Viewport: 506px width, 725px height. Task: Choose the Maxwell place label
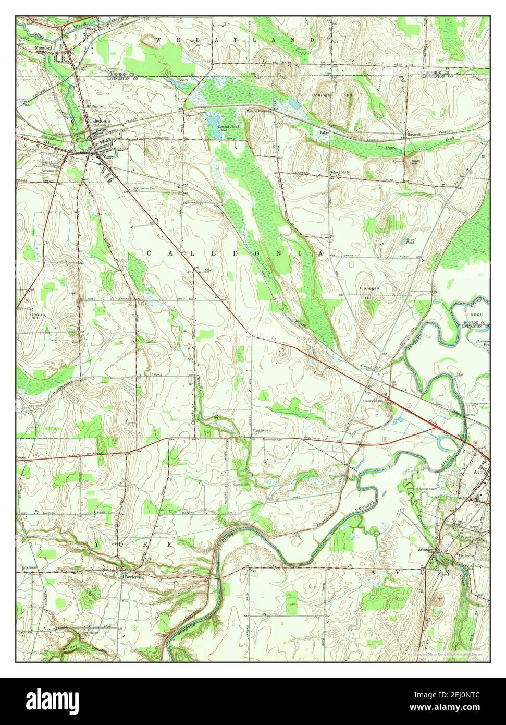[414, 135]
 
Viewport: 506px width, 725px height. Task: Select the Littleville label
[466, 556]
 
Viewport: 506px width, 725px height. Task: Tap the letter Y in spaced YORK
[97, 544]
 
